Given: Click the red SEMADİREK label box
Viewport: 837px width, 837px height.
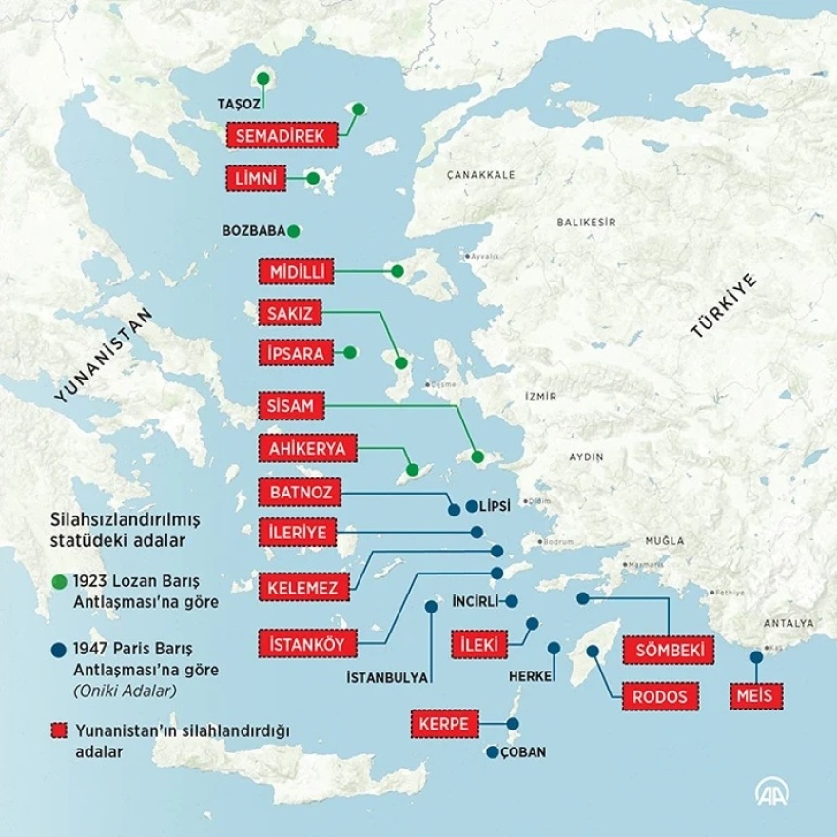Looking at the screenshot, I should pos(282,136).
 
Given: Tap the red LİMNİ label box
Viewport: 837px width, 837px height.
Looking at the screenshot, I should pos(257,178).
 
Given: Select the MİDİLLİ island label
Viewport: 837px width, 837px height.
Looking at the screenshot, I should pos(297,272).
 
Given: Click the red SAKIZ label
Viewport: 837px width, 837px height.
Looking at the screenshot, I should pos(284,312).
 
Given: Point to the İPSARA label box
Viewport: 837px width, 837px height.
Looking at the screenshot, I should pos(296,353).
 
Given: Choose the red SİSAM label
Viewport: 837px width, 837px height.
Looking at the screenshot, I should pos(284,406).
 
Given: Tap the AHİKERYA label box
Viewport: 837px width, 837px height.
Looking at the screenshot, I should pos(307,449).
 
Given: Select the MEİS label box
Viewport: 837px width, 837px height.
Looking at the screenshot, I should pos(757,696).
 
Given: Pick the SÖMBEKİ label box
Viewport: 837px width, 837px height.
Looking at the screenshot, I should pos(668,650).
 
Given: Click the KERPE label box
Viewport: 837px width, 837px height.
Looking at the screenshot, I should pos(444,724).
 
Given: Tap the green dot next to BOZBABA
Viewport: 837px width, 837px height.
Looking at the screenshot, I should pos(293,230).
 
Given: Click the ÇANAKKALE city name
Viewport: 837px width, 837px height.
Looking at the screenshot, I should pos(481,175).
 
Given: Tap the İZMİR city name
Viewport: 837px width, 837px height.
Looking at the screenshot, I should pos(540,396).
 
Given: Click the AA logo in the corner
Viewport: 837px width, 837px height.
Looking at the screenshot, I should pos(772,790).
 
